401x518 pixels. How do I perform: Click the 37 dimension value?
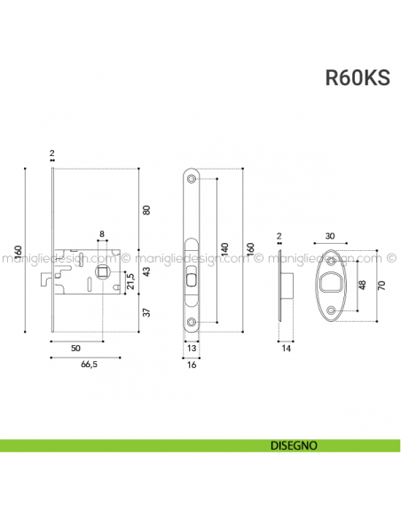(x=147, y=311)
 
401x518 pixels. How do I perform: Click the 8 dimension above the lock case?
(x=102, y=234)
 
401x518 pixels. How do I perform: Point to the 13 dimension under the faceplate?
(x=193, y=349)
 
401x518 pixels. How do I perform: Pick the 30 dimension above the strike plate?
(x=331, y=236)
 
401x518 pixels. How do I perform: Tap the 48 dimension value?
(x=361, y=286)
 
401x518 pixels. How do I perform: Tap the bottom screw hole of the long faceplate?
(x=193, y=320)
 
